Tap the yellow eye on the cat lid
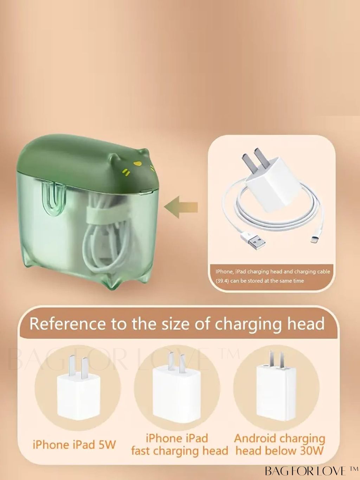pyautogui.click(x=137, y=163)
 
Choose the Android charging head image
pyautogui.click(x=276, y=385)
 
